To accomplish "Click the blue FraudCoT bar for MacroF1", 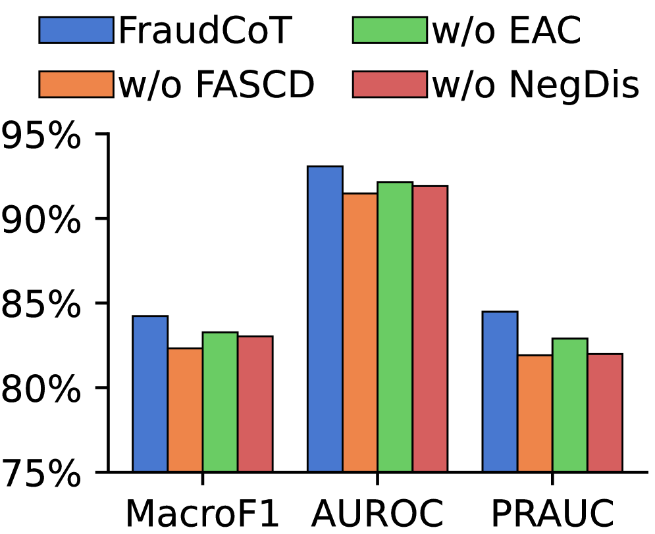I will [x=150, y=394].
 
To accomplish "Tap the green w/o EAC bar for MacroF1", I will [x=220, y=402].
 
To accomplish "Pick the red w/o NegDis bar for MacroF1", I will [x=255, y=404].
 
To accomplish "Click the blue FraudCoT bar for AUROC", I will [x=325, y=319].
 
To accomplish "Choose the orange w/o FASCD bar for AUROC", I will [x=360, y=332].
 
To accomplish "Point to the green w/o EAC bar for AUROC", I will [x=395, y=327].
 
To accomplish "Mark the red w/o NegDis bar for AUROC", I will [x=430, y=329].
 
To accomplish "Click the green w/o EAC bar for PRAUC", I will [x=569, y=405].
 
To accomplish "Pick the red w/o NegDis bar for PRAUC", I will [x=604, y=412].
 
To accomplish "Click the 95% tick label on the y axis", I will [x=39, y=135].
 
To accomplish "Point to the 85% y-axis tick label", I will [x=39, y=303].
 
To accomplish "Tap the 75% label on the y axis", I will [x=39, y=473].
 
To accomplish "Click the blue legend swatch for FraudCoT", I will [x=76, y=31].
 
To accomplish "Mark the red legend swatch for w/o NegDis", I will [x=390, y=85].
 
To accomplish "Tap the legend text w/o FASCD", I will [x=217, y=85].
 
